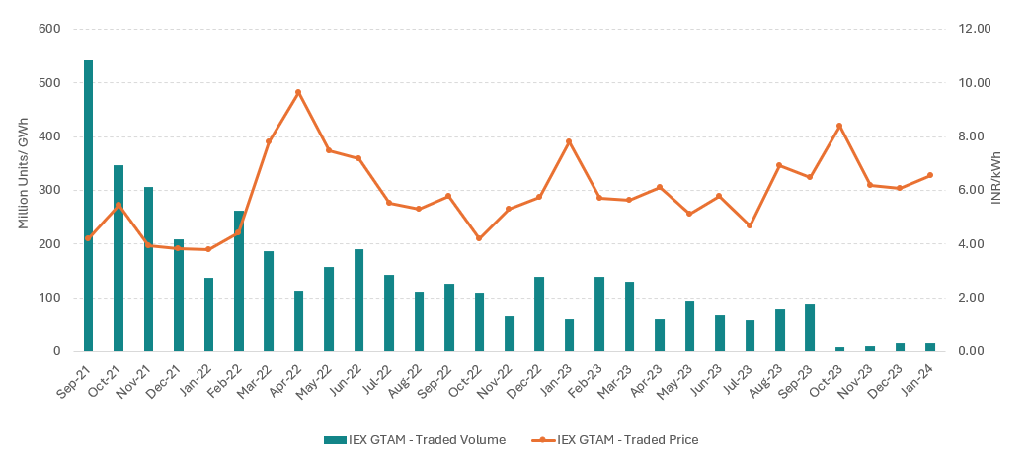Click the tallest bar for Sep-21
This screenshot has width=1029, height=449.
[88, 206]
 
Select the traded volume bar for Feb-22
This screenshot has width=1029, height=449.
[238, 281]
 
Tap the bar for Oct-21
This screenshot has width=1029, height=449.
[119, 258]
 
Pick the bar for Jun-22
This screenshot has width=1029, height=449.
[358, 300]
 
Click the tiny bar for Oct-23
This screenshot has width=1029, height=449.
[839, 349]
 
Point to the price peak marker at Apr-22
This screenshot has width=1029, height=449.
[298, 92]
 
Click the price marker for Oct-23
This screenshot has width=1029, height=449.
[839, 126]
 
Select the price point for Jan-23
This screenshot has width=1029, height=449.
[569, 141]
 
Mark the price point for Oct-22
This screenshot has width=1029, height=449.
[479, 238]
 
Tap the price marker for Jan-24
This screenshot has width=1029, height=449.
[929, 175]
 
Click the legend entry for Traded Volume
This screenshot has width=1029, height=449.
[415, 439]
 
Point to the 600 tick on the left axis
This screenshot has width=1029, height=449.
[49, 29]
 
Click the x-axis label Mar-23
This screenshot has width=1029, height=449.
[621, 377]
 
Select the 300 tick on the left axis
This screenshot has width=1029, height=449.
[49, 190]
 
